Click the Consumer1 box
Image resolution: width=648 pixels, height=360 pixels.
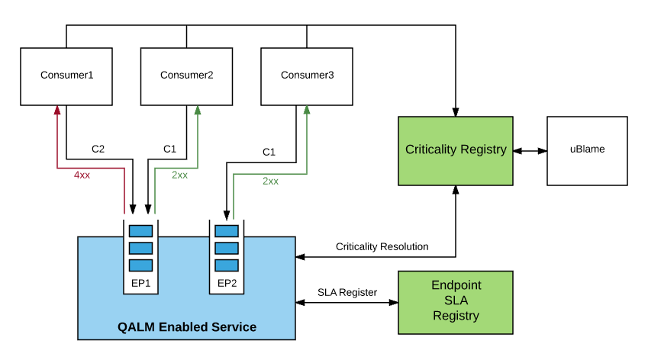tap(66, 76)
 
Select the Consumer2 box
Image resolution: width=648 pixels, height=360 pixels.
tap(186, 76)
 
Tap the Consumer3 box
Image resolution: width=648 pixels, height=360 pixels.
tap(307, 76)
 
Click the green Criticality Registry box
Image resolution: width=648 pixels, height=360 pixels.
tap(456, 150)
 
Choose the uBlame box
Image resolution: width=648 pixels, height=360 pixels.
tap(587, 150)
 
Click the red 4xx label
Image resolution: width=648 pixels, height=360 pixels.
tap(82, 175)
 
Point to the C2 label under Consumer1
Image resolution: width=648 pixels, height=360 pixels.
tap(98, 148)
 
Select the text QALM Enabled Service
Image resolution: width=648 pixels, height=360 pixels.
tap(186, 327)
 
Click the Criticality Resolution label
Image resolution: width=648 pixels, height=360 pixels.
tap(382, 246)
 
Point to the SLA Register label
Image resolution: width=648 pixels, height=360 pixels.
tap(347, 292)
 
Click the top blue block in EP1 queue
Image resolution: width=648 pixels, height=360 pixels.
tap(140, 231)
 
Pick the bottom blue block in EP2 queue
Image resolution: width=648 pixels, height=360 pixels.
tap(226, 265)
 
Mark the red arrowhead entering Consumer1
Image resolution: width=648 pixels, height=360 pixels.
tap(57, 111)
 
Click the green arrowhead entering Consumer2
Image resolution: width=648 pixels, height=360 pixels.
tap(198, 111)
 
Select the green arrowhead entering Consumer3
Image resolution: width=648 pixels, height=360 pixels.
tap(307, 111)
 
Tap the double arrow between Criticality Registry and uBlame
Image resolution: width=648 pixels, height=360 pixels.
tap(530, 151)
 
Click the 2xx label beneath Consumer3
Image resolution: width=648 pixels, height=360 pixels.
tap(270, 181)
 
